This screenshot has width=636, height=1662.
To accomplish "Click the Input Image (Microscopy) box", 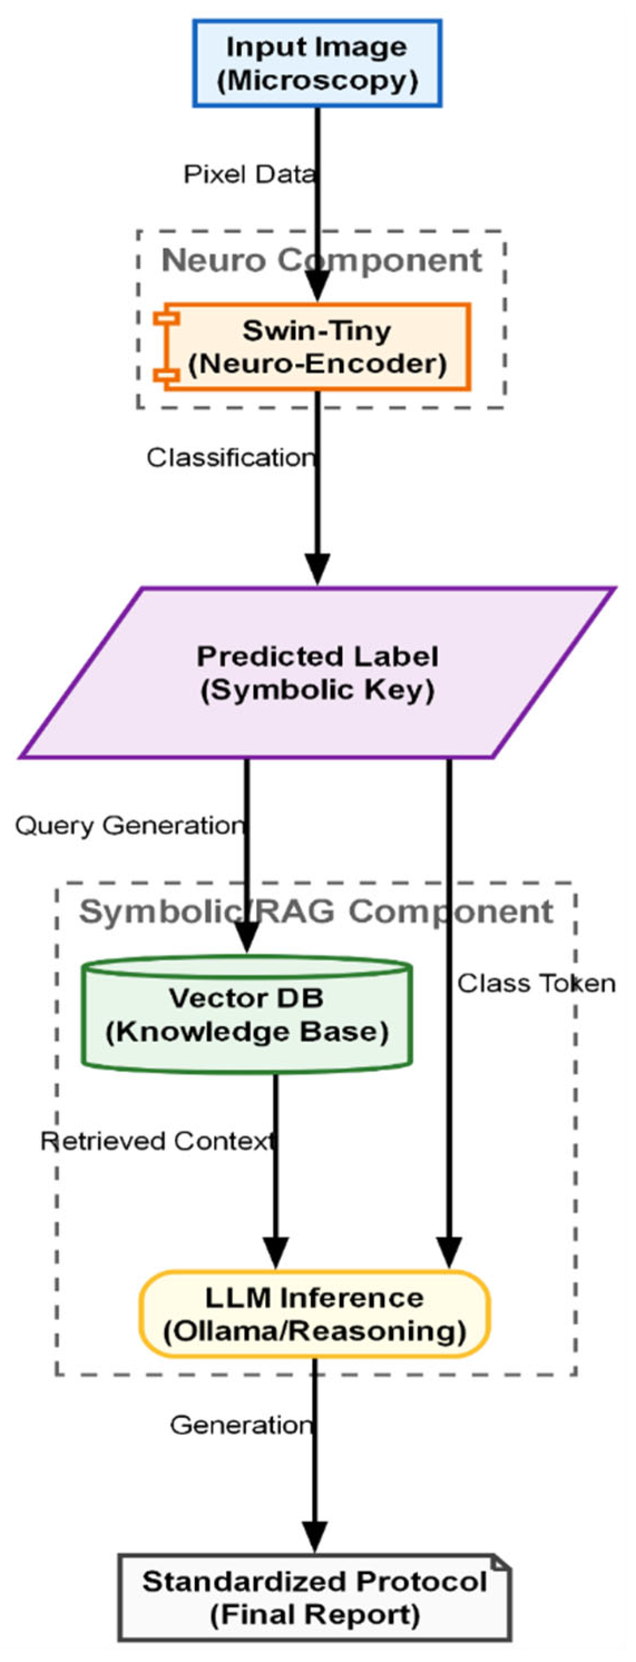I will pyautogui.click(x=317, y=63).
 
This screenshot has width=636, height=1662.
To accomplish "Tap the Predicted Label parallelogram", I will pyautogui.click(x=317, y=672).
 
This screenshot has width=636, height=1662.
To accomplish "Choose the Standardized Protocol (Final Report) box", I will pyautogui.click(x=315, y=1597).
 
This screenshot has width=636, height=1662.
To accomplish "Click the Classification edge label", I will pyautogui.click(x=231, y=458).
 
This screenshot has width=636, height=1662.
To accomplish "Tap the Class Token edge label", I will pyautogui.click(x=536, y=984).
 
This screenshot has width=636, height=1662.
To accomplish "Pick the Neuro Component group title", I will pyautogui.click(x=321, y=260).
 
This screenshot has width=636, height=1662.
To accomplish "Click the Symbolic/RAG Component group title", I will pyautogui.click(x=316, y=912).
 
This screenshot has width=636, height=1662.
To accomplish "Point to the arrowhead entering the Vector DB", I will pyautogui.click(x=247, y=937).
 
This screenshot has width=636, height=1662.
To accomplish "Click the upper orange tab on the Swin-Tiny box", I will pyautogui.click(x=167, y=318).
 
